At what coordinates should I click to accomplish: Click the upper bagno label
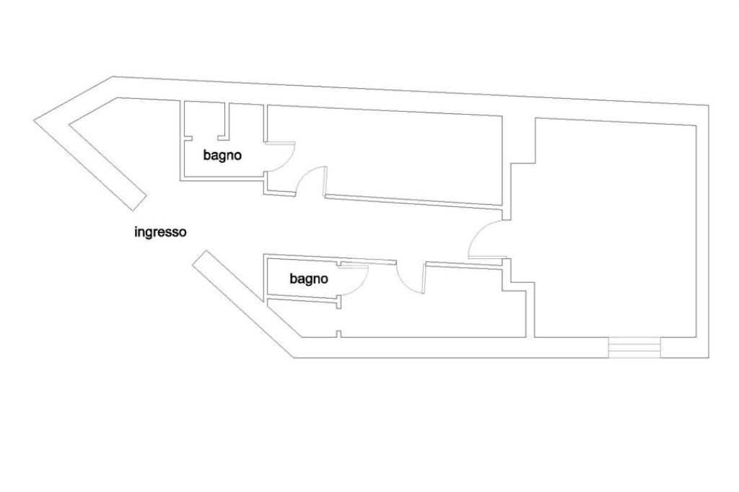click(222, 155)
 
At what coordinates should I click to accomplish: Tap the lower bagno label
click(309, 278)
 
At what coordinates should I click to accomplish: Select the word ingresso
click(160, 232)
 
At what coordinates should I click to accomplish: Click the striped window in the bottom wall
click(634, 348)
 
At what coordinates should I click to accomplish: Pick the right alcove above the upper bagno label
click(245, 119)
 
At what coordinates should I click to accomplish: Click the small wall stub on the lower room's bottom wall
click(338, 333)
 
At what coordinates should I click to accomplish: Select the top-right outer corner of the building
click(708, 106)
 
